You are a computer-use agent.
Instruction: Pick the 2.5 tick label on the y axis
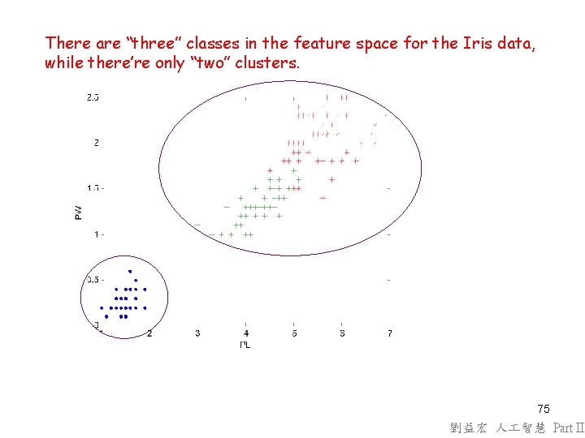pyautogui.click(x=93, y=98)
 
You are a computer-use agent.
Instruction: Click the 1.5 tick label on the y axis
pyautogui.click(x=93, y=188)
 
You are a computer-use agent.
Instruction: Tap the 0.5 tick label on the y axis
pyautogui.click(x=93, y=280)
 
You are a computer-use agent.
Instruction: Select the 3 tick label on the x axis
pyautogui.click(x=197, y=333)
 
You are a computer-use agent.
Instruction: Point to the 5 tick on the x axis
pyautogui.click(x=294, y=333)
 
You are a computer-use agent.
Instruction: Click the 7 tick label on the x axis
pyautogui.click(x=390, y=333)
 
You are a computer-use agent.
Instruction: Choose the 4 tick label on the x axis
pyautogui.click(x=246, y=333)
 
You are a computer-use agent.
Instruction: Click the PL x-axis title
pyautogui.click(x=245, y=345)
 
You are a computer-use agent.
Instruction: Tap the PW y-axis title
pyautogui.click(x=78, y=213)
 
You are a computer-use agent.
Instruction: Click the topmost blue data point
pyautogui.click(x=130, y=271)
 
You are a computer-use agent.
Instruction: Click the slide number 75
pyautogui.click(x=544, y=409)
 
